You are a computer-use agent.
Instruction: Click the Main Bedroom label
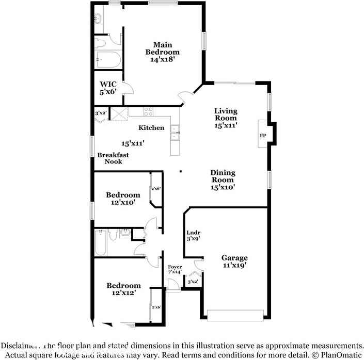point(162,52)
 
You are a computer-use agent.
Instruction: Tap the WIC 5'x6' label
point(108,88)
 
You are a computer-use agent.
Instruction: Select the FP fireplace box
point(262,136)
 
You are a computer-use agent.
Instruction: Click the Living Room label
point(226,118)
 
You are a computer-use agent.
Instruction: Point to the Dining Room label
point(223,180)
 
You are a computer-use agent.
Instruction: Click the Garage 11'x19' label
point(234,261)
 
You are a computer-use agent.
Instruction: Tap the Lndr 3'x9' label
point(194,235)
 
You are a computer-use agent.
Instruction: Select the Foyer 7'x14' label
point(175,269)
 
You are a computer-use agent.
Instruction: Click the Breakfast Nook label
point(113,158)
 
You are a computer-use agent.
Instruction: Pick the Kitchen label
point(151,127)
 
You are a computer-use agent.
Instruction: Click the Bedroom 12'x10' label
point(123,199)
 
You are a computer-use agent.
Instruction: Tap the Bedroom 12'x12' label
point(123,289)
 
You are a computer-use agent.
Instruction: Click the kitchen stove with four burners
point(148,111)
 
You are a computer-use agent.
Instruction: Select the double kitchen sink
point(176,133)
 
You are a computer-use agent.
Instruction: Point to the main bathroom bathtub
point(107,61)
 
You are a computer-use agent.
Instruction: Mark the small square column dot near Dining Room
point(180,172)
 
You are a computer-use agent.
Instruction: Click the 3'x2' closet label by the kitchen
point(100,113)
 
